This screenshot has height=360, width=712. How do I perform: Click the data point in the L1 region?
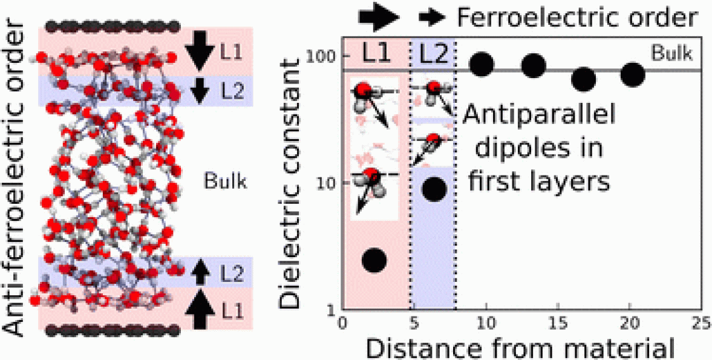click(x=374, y=260)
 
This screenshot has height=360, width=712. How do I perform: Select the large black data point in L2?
click(x=434, y=188)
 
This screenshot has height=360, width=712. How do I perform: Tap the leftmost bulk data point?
click(x=482, y=65)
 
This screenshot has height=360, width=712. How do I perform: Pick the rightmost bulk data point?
click(x=633, y=74)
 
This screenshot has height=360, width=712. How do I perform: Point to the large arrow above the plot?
click(x=379, y=18)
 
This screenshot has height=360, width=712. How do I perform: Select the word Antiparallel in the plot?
click(x=539, y=116)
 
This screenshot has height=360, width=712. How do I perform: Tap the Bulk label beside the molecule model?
click(x=225, y=182)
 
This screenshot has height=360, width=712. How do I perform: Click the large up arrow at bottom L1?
click(x=200, y=310)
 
